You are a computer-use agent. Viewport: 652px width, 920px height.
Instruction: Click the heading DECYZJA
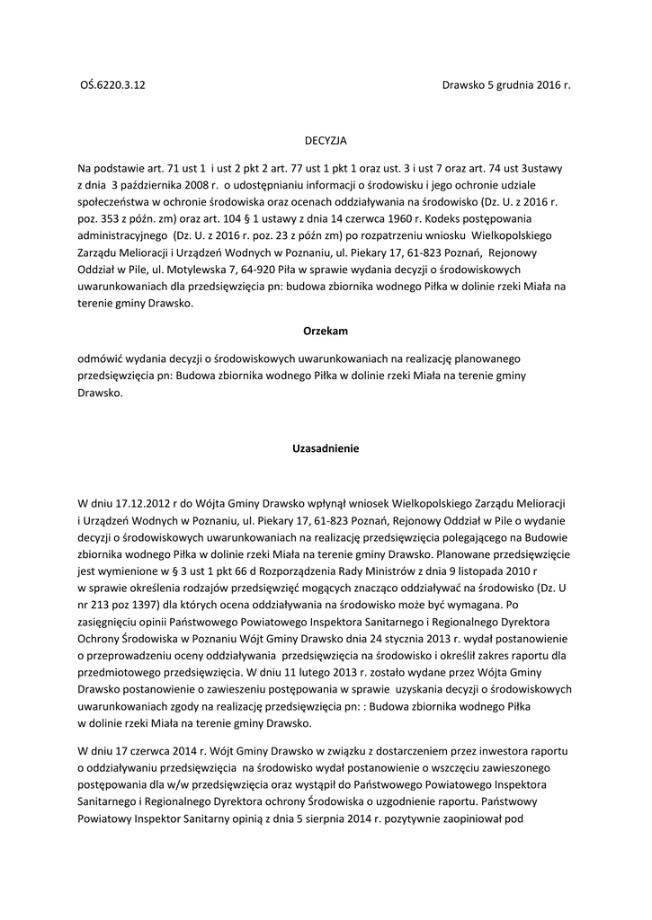click(x=325, y=141)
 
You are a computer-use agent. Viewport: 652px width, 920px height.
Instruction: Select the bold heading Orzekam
click(x=326, y=331)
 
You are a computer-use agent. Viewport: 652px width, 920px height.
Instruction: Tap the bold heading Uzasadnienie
click(x=326, y=448)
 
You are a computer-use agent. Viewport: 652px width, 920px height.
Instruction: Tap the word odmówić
click(x=103, y=358)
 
